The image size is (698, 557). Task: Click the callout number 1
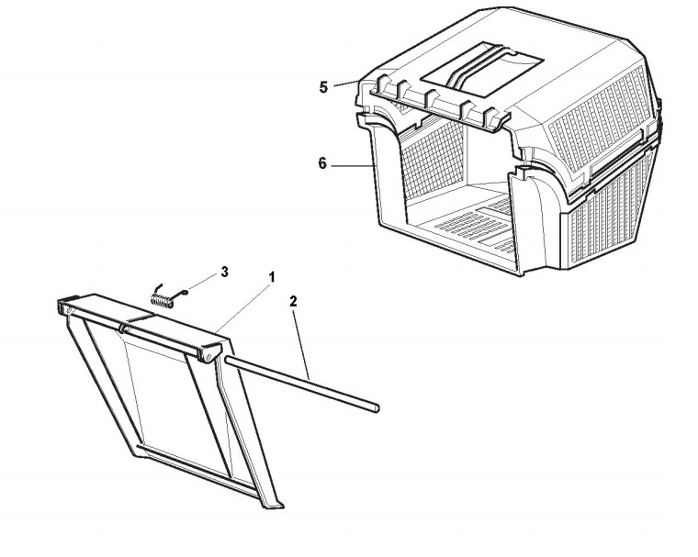[x=272, y=276]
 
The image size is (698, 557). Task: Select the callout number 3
[x=223, y=273]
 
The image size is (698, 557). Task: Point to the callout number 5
[x=323, y=87]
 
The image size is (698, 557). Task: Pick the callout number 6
[x=322, y=163]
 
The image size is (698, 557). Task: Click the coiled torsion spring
[x=163, y=295]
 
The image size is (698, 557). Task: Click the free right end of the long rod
[x=374, y=407]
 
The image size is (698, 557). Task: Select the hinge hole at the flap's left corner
[x=67, y=313]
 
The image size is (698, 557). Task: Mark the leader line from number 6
[x=349, y=166]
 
